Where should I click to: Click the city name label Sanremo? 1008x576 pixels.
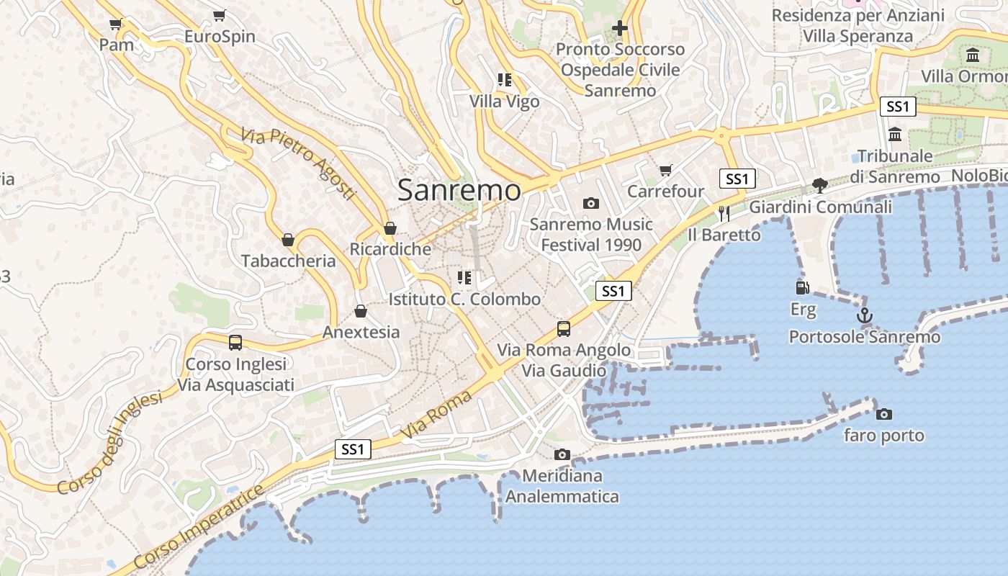coord(459,190)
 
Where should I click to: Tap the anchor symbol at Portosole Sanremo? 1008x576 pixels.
coord(864,315)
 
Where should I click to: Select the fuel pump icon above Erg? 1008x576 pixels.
coord(802,287)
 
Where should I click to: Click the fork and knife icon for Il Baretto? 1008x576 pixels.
coord(724,213)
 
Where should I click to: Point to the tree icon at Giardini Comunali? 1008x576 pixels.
coord(819,186)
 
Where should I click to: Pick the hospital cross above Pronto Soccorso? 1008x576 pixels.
coord(619,28)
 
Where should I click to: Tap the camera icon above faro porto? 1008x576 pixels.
coord(883,414)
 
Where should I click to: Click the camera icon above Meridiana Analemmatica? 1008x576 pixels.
coord(562,454)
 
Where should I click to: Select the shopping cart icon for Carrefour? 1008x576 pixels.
coord(665,170)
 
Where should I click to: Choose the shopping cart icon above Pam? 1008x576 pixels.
coord(115,24)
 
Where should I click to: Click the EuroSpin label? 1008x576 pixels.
coord(220,37)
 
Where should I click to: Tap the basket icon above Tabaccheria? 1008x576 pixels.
coord(288,240)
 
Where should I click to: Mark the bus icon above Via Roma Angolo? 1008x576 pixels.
coord(564,329)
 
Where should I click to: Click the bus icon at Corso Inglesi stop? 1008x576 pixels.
coord(235,343)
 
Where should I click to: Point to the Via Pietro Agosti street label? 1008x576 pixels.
coord(298,164)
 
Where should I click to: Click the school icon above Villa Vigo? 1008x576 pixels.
coord(504,80)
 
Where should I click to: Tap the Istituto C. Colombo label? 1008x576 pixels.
coord(464,299)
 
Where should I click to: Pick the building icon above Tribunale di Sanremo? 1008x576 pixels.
coord(895,135)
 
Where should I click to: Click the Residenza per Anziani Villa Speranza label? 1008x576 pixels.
coord(858,26)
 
